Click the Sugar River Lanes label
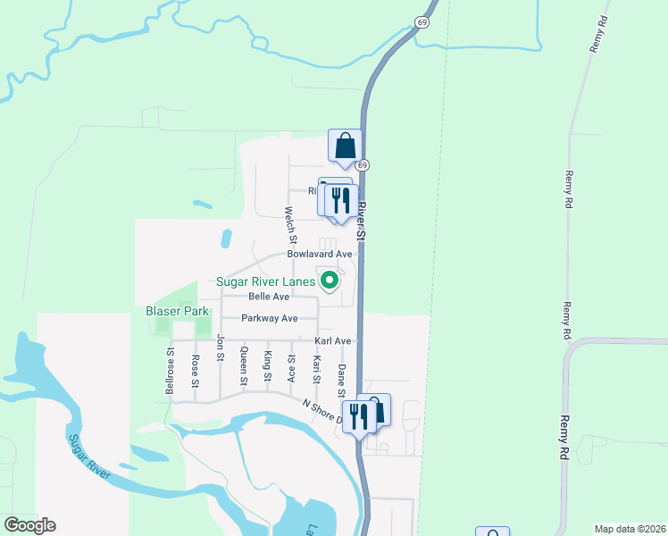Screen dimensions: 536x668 click(x=266, y=282)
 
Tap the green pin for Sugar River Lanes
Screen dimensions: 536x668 click(x=330, y=281)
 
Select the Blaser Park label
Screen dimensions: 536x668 click(x=178, y=311)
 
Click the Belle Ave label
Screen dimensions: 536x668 click(x=269, y=297)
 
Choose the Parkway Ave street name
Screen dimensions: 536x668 click(x=270, y=318)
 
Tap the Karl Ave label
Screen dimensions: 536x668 click(x=332, y=341)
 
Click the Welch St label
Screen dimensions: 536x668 click(x=290, y=226)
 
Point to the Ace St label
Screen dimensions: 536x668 click(x=291, y=367)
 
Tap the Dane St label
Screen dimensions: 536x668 click(x=340, y=381)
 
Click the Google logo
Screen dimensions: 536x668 click(x=29, y=525)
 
